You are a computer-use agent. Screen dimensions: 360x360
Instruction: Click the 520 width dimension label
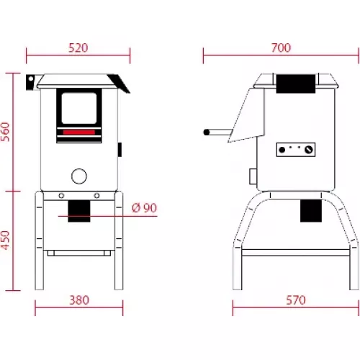[x=78, y=48]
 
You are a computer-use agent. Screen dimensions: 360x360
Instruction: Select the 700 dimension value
[x=281, y=48]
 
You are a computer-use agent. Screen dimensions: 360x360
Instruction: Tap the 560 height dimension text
[x=6, y=132]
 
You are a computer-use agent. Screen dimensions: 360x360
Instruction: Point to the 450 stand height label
[x=6, y=240]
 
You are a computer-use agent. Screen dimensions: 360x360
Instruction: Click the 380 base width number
[x=79, y=300]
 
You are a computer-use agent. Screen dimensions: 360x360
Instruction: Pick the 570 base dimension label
[x=296, y=300]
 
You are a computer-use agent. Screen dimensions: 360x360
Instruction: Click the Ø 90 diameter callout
[x=144, y=208]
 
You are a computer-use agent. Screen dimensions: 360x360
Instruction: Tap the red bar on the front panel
[x=79, y=132]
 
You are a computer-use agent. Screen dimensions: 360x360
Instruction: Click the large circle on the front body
[x=79, y=176]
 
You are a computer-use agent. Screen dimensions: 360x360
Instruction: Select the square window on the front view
[x=79, y=108]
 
